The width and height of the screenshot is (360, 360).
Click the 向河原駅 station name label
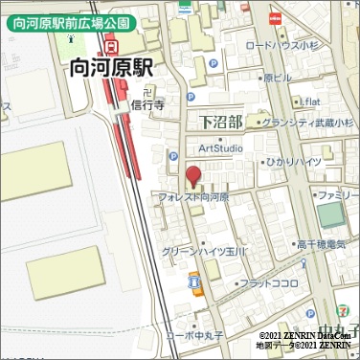(112, 69)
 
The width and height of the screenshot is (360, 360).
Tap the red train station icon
(112, 44)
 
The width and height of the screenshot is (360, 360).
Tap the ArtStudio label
(221, 147)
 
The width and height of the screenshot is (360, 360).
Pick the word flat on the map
(310, 101)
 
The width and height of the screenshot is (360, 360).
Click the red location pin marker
(193, 176)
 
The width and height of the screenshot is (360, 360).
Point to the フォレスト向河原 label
(193, 196)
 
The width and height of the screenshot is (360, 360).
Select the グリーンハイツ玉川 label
(205, 251)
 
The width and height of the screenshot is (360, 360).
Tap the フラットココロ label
(268, 283)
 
